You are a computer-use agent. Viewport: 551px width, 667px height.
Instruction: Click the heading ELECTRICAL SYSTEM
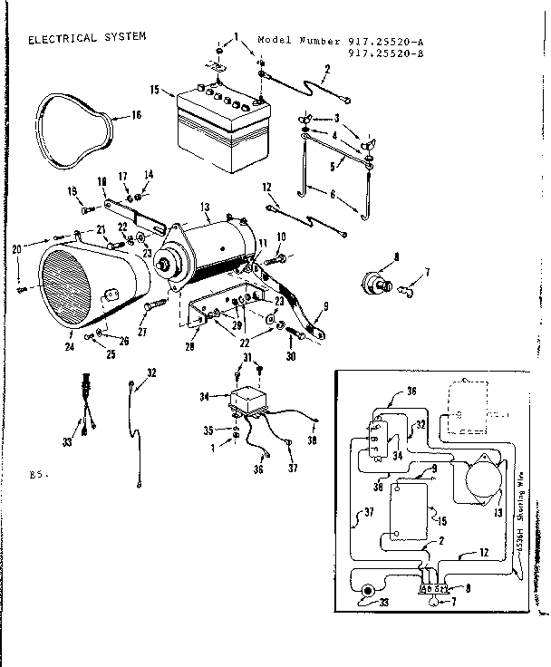click(86, 39)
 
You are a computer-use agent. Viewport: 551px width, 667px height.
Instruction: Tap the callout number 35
click(208, 431)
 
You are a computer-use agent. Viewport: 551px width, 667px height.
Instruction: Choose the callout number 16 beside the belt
click(137, 115)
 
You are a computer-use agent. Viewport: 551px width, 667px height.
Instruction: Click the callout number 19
click(70, 190)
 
